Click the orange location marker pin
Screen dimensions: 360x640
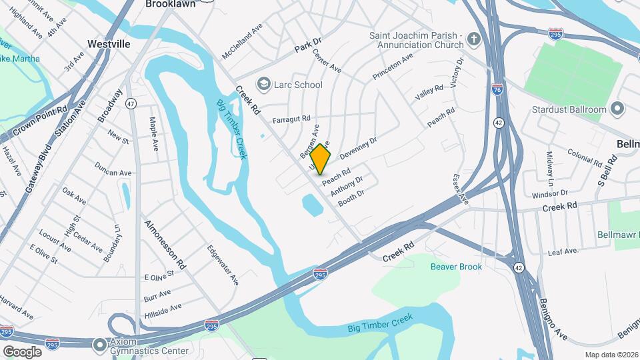coord(321,159)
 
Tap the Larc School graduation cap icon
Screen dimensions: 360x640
coord(264,84)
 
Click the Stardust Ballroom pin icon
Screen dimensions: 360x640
coord(617,109)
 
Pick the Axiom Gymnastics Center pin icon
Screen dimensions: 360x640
coord(100,345)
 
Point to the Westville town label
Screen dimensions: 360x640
coord(109,44)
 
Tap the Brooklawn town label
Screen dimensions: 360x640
coord(171,4)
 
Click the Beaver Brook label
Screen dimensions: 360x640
coord(456,267)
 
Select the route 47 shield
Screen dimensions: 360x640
coord(131,103)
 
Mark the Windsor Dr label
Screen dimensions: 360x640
coord(549,193)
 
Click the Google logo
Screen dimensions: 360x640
coord(22,351)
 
